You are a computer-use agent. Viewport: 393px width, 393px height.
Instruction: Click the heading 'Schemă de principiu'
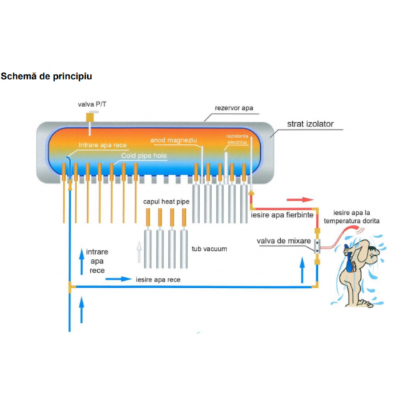[46, 75]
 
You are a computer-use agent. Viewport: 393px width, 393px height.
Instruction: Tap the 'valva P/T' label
[91, 104]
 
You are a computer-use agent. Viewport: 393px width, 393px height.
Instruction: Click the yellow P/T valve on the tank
[91, 116]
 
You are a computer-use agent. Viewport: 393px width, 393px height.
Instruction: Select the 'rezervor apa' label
[233, 109]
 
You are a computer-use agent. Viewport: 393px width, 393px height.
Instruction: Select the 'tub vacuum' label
[209, 249]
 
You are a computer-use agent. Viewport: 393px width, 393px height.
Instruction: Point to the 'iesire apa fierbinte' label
[282, 214]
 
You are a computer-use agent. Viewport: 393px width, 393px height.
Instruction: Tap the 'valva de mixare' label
[284, 241]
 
